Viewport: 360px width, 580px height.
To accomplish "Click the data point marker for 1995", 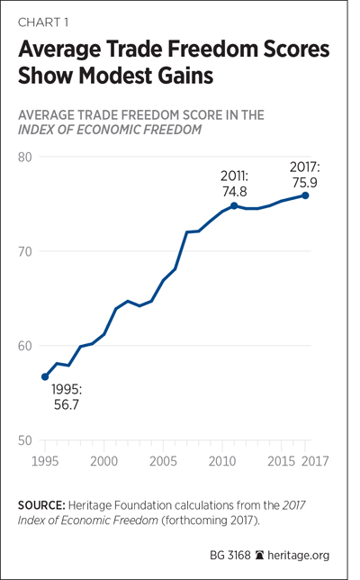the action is [x=45, y=376].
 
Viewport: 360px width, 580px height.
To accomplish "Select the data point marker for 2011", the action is [x=234, y=205].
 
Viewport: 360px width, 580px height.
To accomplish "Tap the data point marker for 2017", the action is [x=305, y=195].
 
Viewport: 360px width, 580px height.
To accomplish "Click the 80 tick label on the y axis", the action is [x=25, y=157].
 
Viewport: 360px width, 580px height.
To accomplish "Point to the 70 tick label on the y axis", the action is [x=25, y=251].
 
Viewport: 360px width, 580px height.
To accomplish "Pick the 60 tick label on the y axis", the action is [x=25, y=346].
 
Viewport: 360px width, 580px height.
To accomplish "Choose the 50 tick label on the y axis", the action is [x=25, y=440].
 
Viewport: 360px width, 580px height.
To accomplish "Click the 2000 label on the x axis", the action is [x=103, y=461].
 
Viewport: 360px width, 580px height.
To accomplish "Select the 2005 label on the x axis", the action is [x=163, y=461].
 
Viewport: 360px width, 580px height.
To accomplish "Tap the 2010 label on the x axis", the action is [x=222, y=461].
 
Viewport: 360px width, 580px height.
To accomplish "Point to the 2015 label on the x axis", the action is [x=282, y=461].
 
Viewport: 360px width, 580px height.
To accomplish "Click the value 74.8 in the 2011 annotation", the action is [x=235, y=192].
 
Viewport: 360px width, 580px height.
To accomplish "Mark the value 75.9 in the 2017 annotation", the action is [x=305, y=182].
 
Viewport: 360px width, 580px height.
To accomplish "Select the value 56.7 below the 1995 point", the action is [x=67, y=404].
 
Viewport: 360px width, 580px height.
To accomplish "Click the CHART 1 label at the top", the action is [x=43, y=23].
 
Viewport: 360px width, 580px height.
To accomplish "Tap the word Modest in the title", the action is [x=114, y=76].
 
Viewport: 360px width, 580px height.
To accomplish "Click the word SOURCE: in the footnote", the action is [x=41, y=505].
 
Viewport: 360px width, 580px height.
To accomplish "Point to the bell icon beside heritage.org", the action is [x=260, y=555].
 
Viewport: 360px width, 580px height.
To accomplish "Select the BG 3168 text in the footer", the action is [x=230, y=555].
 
